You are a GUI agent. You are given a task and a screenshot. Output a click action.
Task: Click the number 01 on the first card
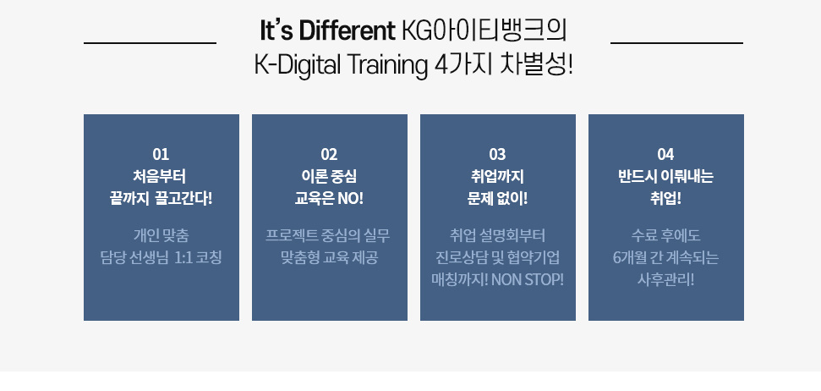[161, 155]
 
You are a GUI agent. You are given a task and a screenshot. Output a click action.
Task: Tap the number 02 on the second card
[330, 155]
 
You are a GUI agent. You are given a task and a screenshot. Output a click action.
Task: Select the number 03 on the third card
[497, 155]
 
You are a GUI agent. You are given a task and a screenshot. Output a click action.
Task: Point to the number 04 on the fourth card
[665, 155]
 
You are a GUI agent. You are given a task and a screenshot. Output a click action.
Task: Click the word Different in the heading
[348, 31]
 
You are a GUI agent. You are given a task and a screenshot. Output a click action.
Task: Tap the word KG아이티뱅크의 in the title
[484, 31]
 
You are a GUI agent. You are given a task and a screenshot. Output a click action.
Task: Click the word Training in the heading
[388, 65]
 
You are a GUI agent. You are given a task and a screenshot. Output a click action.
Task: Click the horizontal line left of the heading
[150, 43]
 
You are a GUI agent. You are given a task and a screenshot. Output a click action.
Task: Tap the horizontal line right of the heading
[676, 43]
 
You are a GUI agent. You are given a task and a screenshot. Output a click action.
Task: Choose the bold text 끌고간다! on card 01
[183, 199]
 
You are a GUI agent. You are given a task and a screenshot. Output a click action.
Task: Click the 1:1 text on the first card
[183, 258]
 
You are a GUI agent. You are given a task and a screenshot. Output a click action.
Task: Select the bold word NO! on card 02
[350, 199]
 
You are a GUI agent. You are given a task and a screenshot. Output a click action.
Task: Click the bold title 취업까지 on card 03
[497, 177]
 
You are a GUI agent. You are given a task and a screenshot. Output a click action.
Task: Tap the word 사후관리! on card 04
[665, 280]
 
